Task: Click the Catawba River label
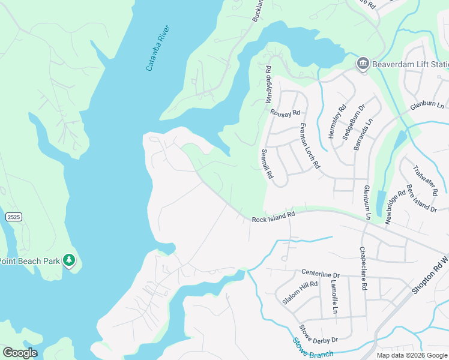pyautogui.click(x=158, y=49)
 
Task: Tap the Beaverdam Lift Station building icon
pyautogui.click(x=363, y=64)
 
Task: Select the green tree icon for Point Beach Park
pyautogui.click(x=70, y=260)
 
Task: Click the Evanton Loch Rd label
pyautogui.click(x=310, y=148)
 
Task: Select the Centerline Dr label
pyautogui.click(x=321, y=272)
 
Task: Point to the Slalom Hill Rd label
pyautogui.click(x=300, y=293)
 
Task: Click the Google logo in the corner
pyautogui.click(x=20, y=353)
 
